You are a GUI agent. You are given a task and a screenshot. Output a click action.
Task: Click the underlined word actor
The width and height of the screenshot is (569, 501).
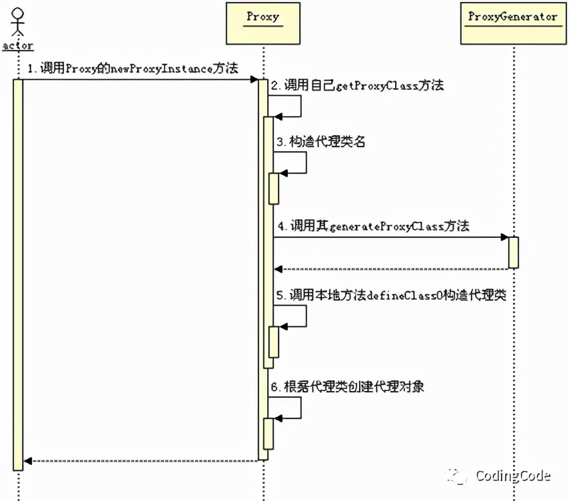click(17, 45)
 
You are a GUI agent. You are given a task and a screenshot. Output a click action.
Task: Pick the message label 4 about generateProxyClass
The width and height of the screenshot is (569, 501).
click(373, 227)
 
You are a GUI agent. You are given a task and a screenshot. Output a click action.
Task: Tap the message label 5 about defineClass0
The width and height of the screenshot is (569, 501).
click(392, 295)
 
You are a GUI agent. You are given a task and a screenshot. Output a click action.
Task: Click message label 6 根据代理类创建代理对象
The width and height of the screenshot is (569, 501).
click(347, 386)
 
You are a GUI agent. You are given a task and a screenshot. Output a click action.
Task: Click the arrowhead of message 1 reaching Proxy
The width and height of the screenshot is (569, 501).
click(254, 79)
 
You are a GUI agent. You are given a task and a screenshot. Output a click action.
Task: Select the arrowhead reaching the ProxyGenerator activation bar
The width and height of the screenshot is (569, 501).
click(504, 237)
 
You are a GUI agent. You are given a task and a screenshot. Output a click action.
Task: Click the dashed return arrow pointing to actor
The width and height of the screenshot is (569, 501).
click(140, 460)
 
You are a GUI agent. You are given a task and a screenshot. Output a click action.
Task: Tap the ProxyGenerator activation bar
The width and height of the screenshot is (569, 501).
click(513, 252)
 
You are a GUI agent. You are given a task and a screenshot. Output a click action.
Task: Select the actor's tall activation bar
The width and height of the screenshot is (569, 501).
click(18, 273)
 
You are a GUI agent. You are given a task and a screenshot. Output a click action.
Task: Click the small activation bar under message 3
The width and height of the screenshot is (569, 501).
click(274, 188)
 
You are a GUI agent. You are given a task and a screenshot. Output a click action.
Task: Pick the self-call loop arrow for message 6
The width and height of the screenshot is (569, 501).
click(293, 408)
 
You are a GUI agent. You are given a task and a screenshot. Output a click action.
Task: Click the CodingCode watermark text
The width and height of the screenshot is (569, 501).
click(512, 476)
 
